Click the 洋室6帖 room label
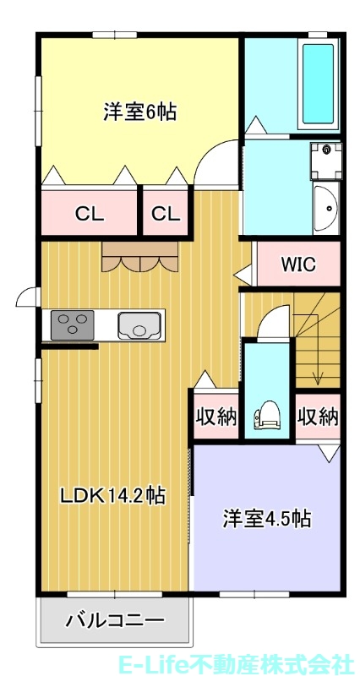click(139, 112)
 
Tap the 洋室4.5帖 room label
click(267, 518)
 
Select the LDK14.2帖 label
click(112, 495)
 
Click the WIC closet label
click(297, 264)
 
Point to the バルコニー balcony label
click(115, 621)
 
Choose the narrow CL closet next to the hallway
click(166, 214)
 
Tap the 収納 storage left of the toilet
click(215, 417)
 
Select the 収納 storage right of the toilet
click(318, 417)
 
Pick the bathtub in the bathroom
click(318, 83)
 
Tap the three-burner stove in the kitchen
click(71, 324)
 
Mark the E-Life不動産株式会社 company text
click(269, 662)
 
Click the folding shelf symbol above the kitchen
click(140, 257)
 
